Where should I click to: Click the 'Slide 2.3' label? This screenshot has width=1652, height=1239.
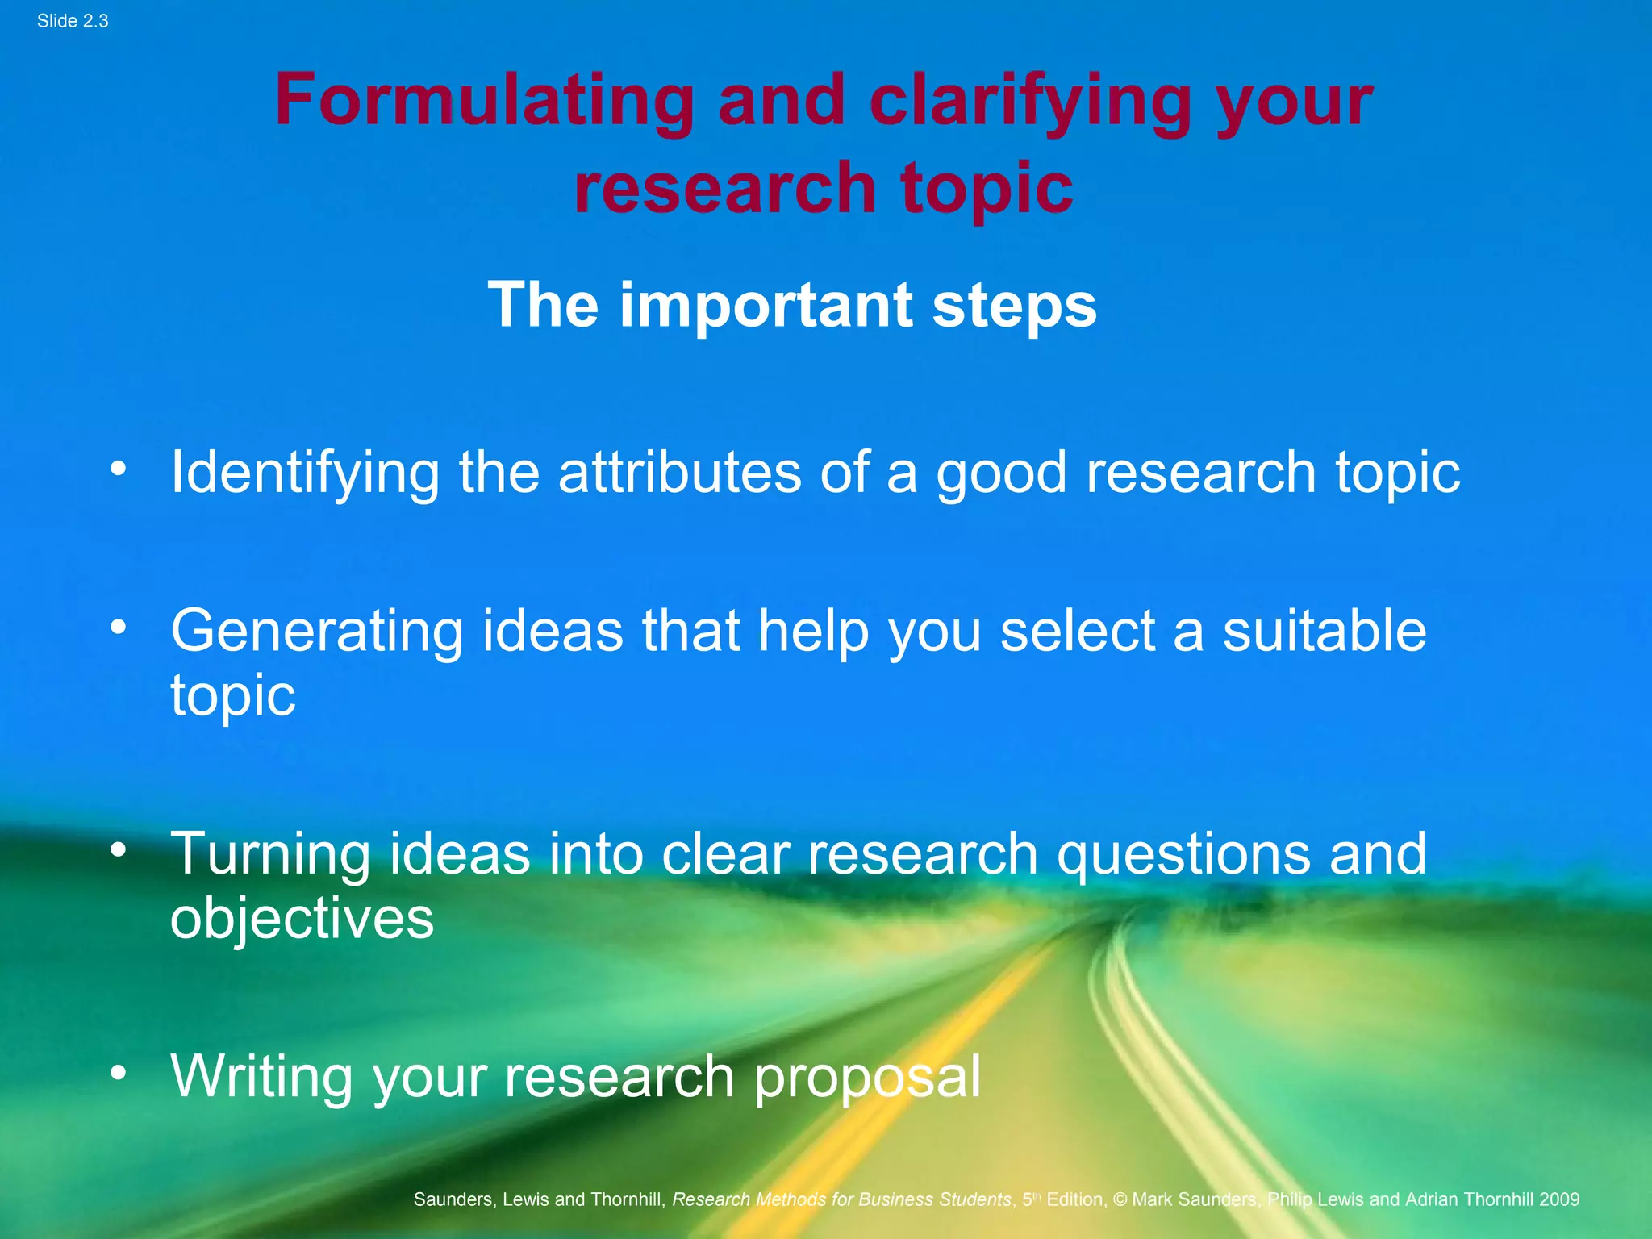[73, 21]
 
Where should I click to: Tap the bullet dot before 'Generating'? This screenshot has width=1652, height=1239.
[119, 627]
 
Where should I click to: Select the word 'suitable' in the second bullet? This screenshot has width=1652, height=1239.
[1324, 631]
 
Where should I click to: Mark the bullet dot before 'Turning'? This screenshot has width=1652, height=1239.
[119, 849]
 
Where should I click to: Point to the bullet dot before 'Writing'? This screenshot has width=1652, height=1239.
[119, 1072]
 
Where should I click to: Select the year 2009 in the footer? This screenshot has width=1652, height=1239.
[1558, 1199]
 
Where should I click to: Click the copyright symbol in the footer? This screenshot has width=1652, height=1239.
[1120, 1199]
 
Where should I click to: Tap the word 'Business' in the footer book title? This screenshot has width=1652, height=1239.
[894, 1199]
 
